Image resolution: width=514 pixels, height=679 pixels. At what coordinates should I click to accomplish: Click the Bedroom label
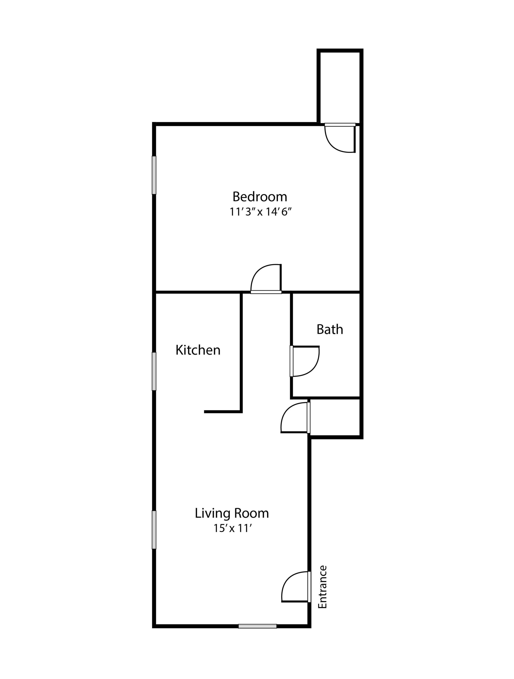(x=260, y=196)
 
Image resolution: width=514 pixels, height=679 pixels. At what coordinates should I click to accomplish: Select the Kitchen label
(x=198, y=350)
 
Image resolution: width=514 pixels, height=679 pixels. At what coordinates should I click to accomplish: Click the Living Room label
(x=232, y=513)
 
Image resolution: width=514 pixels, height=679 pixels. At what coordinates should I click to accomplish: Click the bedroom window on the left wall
(x=154, y=175)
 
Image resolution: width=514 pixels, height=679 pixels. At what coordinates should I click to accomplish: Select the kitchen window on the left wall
(x=154, y=371)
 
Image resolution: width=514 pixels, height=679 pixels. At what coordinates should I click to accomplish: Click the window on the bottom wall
(x=257, y=626)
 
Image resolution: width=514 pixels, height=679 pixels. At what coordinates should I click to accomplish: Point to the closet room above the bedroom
(x=340, y=87)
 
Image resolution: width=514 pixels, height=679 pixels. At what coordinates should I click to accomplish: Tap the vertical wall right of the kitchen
(x=241, y=352)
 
